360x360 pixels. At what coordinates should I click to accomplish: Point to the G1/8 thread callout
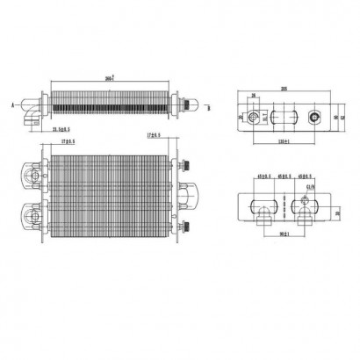(x=309, y=184)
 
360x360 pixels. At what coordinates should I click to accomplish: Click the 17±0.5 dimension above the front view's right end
(x=155, y=134)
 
